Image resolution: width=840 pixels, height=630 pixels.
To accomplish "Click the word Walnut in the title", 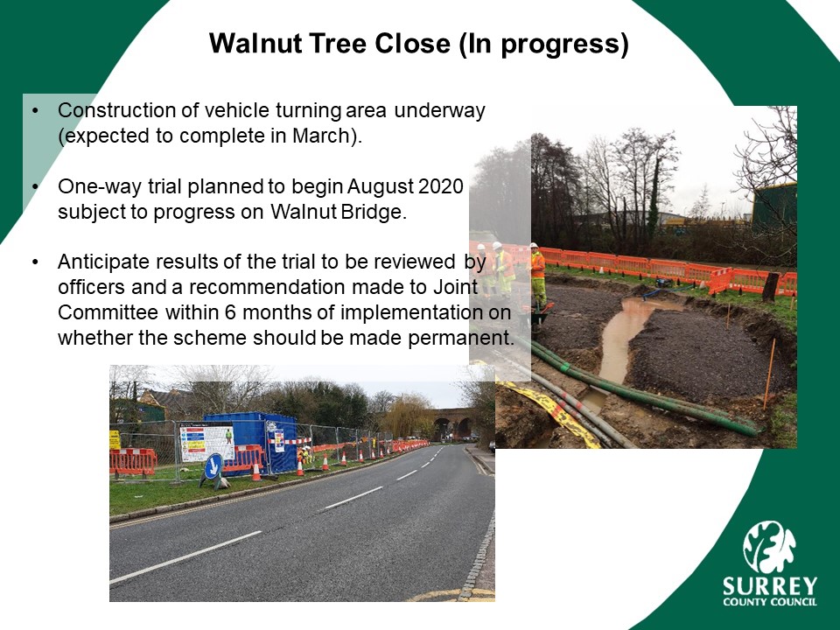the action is point(255,44).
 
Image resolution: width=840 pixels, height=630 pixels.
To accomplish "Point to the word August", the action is point(380,187).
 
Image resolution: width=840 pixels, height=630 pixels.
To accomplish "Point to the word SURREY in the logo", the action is point(770,585).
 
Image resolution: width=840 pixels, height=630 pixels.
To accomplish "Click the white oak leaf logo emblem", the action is point(769,546).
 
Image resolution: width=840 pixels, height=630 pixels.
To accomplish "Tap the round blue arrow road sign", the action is point(213,466).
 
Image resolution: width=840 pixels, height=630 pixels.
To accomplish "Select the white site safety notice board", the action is point(207,442).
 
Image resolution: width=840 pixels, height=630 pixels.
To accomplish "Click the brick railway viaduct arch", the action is point(451,423).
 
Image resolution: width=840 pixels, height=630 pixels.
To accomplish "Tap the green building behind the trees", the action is point(773,206).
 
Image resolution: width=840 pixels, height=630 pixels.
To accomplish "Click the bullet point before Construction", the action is point(35,111).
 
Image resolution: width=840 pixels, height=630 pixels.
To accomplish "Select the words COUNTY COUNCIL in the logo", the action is point(770,601).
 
